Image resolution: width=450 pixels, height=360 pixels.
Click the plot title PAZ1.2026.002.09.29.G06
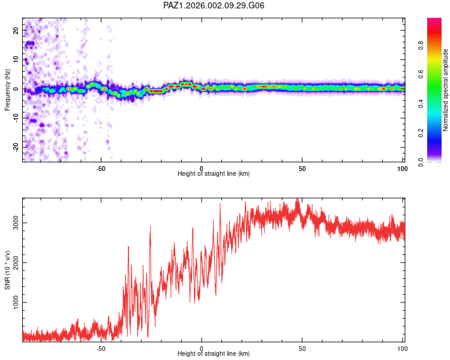point(214,5)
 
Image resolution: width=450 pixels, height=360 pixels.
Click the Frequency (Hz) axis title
point(7,89)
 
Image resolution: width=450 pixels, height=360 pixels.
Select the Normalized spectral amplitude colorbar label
point(446,89)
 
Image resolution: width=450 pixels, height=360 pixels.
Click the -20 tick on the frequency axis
point(15,147)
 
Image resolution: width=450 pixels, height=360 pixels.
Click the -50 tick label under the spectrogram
point(101,169)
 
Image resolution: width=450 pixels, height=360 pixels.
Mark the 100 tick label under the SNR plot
point(403,348)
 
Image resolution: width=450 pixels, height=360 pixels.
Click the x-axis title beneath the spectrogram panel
point(214,174)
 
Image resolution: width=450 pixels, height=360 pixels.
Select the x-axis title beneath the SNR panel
point(214,354)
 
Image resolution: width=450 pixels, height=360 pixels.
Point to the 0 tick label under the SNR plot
point(202,348)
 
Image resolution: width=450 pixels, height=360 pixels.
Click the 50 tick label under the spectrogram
point(302,169)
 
